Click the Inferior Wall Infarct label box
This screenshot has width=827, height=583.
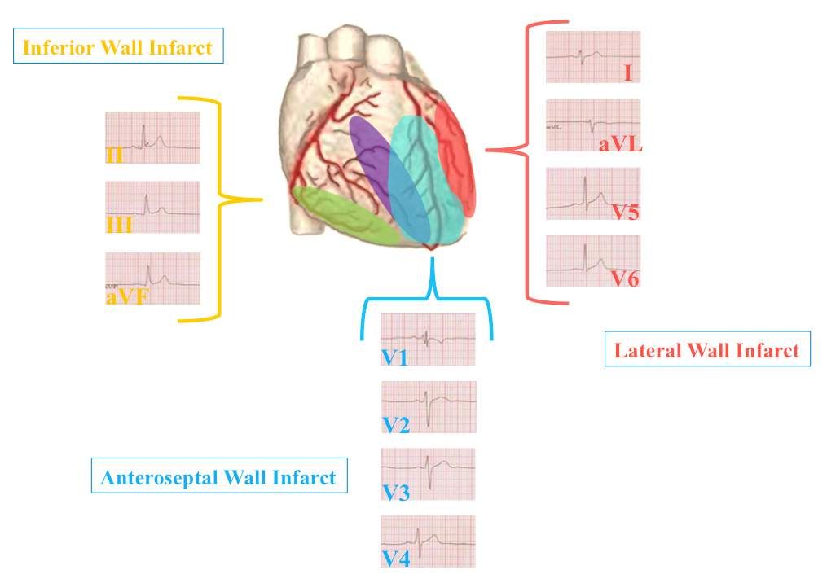pos(118,47)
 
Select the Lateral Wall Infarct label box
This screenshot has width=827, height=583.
pos(706,350)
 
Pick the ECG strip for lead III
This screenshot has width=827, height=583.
pos(152,207)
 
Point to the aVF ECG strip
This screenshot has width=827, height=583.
pos(152,278)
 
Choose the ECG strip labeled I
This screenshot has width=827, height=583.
pos(592,57)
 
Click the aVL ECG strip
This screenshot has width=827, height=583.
pos(592,125)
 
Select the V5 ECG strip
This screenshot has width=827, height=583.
pos(592,194)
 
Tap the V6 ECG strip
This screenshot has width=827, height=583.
pos(592,261)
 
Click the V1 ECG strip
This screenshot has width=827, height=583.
pos(428,339)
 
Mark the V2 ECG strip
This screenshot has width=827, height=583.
pos(429,406)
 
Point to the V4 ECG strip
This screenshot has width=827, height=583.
pos(429,541)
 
